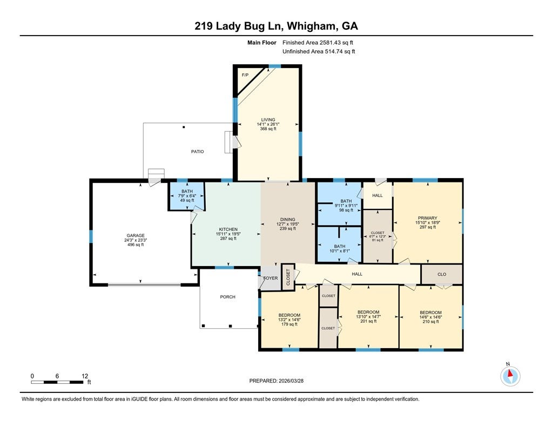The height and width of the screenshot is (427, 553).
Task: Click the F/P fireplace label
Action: [245, 75]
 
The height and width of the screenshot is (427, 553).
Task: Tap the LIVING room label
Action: [268, 119]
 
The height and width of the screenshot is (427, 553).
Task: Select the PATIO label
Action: [198, 152]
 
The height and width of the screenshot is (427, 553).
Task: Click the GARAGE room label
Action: [136, 235]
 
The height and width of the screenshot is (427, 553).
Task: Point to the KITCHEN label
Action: [228, 229]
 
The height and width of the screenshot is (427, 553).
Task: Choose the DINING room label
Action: [288, 219]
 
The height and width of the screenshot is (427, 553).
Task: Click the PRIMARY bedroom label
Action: [428, 218]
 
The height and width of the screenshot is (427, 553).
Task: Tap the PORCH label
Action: [227, 297]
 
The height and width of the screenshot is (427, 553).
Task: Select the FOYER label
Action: [271, 278]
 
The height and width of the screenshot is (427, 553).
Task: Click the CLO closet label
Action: [442, 274]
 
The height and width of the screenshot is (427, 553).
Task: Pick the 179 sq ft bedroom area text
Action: [289, 324]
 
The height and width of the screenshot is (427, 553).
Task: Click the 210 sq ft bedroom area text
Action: [430, 322]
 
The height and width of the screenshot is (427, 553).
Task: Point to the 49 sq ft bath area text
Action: [187, 200]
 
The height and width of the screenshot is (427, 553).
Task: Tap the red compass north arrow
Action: [510, 373]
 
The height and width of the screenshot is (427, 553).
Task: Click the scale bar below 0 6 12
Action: [57, 382]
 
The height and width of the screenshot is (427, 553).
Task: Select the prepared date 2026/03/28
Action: [291, 381]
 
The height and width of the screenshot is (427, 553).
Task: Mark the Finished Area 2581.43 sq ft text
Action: [318, 43]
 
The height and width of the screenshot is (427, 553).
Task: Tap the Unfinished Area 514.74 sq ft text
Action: [319, 51]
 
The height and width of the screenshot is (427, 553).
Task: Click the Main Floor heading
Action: [262, 43]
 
